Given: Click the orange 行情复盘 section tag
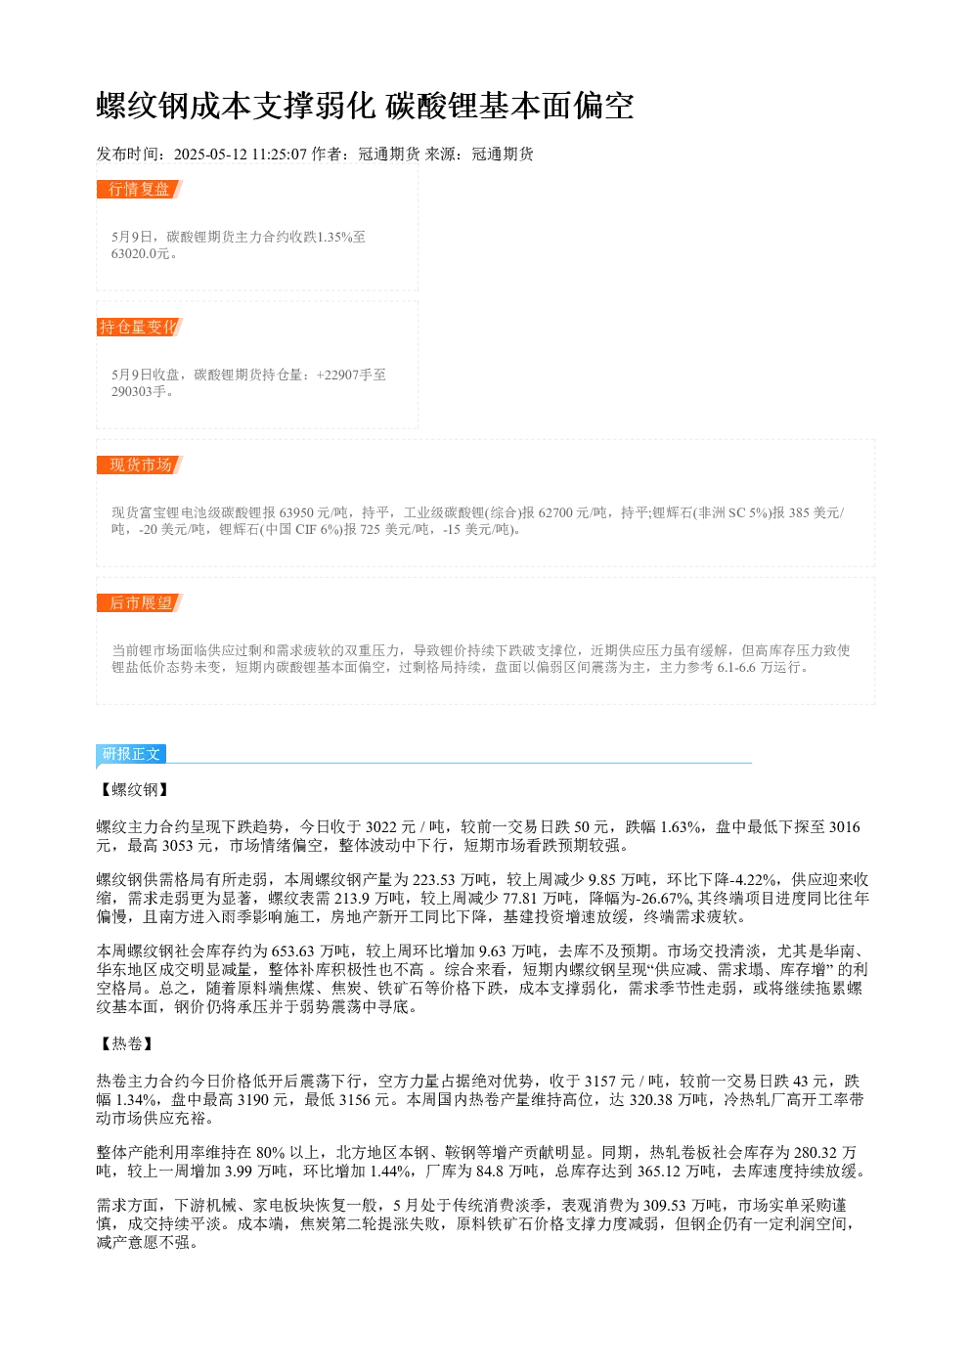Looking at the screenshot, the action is tap(139, 190).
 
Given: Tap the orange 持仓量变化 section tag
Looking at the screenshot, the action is tap(139, 327).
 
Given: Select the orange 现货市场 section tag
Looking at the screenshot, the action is tap(140, 465).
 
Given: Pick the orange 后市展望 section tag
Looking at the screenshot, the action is tap(140, 602).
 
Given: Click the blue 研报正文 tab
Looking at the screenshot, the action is tap(131, 754).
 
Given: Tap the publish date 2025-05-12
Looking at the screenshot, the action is tap(210, 155).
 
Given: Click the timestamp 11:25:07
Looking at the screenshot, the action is tap(280, 155).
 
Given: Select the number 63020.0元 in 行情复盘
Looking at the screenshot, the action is tap(140, 253).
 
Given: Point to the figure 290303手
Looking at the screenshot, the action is tap(139, 391).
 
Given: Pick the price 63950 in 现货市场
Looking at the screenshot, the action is tap(296, 512).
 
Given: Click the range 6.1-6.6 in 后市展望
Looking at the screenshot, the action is tap(736, 667).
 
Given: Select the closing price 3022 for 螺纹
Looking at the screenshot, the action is tap(381, 827).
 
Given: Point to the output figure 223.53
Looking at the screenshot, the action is tap(433, 879).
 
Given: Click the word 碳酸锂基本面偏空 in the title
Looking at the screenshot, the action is tap(509, 106).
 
